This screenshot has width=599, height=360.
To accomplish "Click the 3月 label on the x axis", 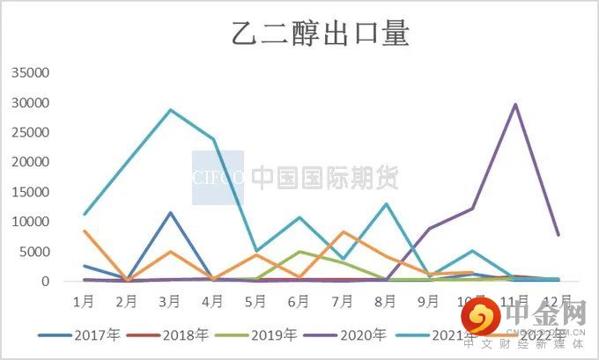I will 169,301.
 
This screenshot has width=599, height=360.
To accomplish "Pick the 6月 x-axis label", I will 299,301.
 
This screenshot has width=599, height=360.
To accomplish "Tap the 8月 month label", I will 385,301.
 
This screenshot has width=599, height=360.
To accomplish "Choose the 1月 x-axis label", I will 84,301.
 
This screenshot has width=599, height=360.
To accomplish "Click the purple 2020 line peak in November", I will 514,105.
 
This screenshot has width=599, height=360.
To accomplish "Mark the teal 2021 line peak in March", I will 170,110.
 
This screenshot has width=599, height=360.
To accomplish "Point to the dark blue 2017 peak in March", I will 170,213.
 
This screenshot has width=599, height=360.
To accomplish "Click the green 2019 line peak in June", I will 299,252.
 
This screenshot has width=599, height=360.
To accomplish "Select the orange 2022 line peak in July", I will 343,231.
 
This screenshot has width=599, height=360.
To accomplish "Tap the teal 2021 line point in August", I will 386,204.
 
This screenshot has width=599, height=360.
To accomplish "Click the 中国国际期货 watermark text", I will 325,178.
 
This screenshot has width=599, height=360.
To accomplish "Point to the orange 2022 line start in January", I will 84,231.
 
